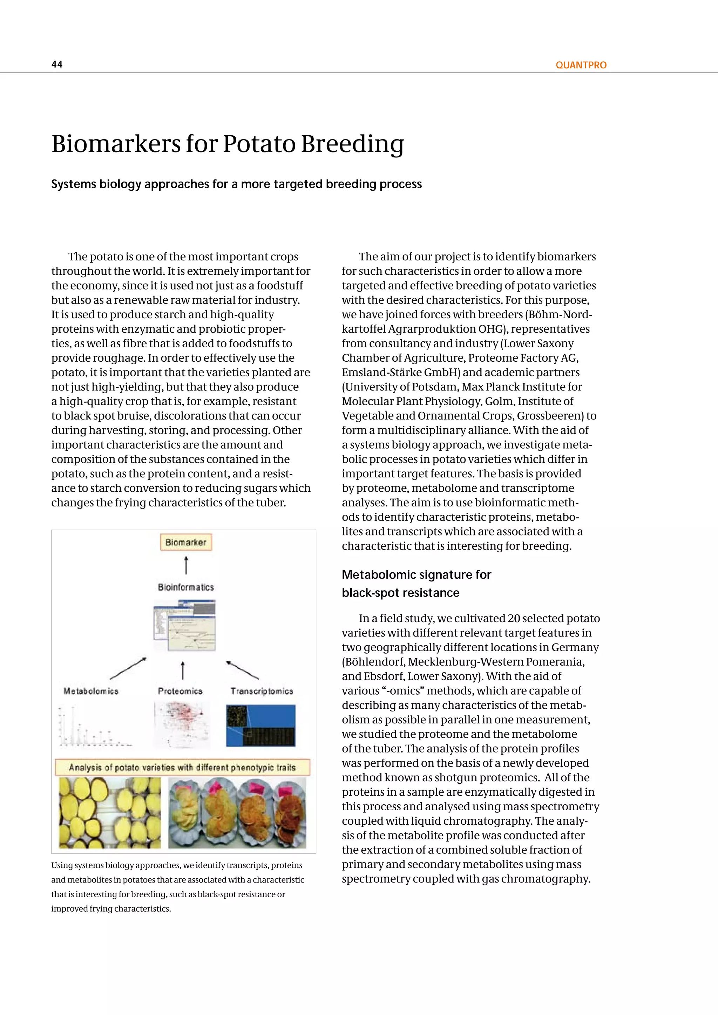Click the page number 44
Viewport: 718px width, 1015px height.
pyautogui.click(x=57, y=64)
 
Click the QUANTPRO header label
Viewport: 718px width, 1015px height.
pyautogui.click(x=581, y=65)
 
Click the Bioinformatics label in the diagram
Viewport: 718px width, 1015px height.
pyautogui.click(x=186, y=587)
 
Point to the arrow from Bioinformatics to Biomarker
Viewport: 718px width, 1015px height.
pyautogui.click(x=186, y=565)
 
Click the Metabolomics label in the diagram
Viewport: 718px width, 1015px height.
pyautogui.click(x=91, y=691)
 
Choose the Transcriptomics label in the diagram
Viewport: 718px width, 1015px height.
pyautogui.click(x=262, y=691)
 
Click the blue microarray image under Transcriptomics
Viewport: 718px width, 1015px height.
pyautogui.click(x=260, y=726)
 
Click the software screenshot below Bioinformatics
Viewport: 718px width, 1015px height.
pyautogui.click(x=185, y=625)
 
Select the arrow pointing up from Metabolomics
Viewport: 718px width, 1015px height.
pyautogui.click(x=128, y=668)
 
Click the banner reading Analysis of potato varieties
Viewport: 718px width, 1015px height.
pyautogui.click(x=182, y=768)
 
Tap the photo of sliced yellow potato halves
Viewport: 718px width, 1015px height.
pyautogui.click(x=110, y=812)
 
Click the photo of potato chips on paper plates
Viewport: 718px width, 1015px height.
pyautogui.click(x=237, y=812)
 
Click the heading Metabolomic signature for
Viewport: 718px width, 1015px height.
pyautogui.click(x=416, y=575)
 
